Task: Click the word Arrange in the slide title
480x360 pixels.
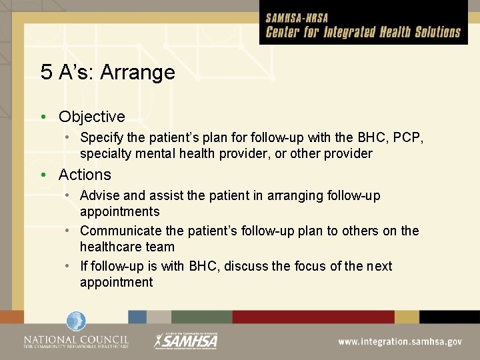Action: [x=137, y=72]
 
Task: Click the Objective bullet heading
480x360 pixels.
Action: [x=91, y=117]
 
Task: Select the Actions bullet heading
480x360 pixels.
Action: [x=85, y=175]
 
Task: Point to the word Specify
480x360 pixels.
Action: [x=102, y=138]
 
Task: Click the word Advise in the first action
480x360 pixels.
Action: [x=100, y=196]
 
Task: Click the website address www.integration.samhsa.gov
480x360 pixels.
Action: [x=399, y=341]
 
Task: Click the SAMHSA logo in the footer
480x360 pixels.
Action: [x=186, y=340]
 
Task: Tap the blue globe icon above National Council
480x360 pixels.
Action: [x=76, y=321]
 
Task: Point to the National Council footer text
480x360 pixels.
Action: [x=76, y=341]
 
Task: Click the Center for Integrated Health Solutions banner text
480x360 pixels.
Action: [x=363, y=32]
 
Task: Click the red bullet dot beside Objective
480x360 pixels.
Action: [x=43, y=117]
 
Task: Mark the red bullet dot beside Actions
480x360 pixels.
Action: [x=43, y=175]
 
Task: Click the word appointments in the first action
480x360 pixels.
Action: [x=120, y=212]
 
